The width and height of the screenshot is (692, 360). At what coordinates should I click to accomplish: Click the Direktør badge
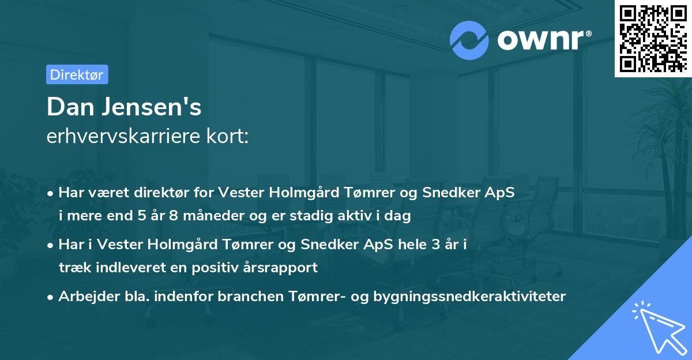click(77, 74)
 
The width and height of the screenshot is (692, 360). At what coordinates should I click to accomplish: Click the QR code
click(653, 39)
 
